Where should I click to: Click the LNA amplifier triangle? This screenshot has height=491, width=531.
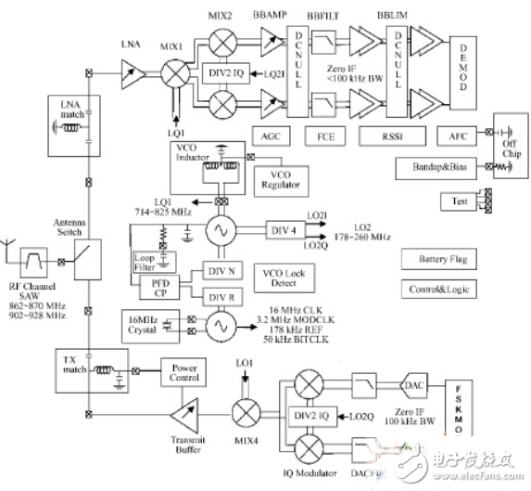(129, 69)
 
